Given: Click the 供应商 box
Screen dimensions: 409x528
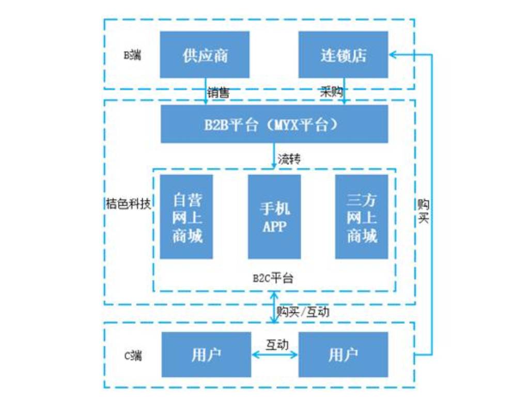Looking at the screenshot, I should [x=205, y=55].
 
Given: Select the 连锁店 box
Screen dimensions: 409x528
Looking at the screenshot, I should [x=344, y=55].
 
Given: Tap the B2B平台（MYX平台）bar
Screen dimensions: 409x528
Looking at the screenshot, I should [x=274, y=124].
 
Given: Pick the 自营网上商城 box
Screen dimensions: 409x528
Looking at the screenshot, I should [x=187, y=216].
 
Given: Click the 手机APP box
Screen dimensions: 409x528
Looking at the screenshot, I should [x=274, y=216].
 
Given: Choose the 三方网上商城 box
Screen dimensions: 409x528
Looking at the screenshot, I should [x=362, y=216].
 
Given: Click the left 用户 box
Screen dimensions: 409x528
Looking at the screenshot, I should [x=206, y=354].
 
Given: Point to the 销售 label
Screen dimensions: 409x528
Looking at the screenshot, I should [x=219, y=93].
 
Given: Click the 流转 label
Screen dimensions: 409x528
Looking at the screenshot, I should [x=289, y=159].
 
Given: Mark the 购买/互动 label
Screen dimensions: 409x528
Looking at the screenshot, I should [x=303, y=311].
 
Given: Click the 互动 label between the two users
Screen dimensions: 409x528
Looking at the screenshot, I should [x=277, y=343].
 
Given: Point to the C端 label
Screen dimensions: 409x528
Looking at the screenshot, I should [x=133, y=355].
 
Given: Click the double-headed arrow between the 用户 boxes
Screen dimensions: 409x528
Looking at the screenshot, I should [x=275, y=354].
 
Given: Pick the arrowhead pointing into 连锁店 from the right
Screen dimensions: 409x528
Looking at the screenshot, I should [x=393, y=53].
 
